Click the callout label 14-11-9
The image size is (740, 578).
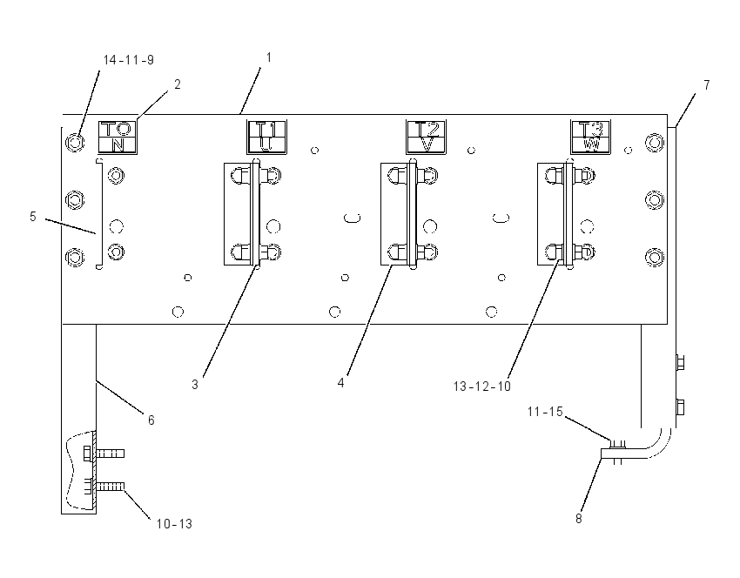(x=128, y=60)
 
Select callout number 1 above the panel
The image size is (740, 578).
(x=269, y=57)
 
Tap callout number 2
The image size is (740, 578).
(x=178, y=84)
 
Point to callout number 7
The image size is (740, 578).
(x=707, y=85)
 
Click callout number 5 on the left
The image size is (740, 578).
(x=32, y=217)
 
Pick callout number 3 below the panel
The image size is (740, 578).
(x=195, y=385)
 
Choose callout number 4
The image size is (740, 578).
(x=340, y=383)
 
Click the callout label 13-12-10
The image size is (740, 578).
(x=481, y=386)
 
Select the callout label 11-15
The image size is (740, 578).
(x=545, y=412)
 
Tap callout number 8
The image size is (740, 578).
(x=579, y=519)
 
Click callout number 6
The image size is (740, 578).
(x=151, y=420)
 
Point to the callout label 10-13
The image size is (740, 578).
(x=174, y=524)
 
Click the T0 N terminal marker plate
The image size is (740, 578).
(x=118, y=138)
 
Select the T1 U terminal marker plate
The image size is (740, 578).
(x=266, y=137)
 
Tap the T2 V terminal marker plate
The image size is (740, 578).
(x=427, y=137)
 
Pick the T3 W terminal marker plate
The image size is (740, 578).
(x=591, y=137)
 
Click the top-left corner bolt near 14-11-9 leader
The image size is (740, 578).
(x=75, y=142)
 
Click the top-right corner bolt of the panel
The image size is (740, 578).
(x=655, y=142)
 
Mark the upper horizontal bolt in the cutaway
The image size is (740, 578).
(x=104, y=454)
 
